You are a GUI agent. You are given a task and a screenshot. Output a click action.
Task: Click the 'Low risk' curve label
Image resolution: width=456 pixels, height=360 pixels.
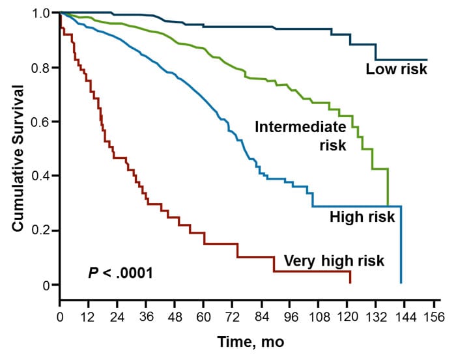coord(396,69)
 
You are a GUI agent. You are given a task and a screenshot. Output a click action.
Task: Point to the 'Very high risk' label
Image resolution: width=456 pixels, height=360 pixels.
coord(334,261)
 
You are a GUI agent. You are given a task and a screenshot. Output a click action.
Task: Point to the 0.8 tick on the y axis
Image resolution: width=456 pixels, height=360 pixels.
coord(43,68)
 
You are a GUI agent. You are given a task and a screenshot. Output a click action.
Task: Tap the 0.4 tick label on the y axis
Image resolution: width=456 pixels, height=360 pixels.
coord(43,176)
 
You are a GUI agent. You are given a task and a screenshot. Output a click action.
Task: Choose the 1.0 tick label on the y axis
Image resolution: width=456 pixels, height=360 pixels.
coord(43,13)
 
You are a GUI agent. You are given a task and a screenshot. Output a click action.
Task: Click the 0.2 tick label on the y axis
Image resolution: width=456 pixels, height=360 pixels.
coord(43,230)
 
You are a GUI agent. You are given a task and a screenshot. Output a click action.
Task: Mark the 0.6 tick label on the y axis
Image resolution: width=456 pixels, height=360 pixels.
coord(43,122)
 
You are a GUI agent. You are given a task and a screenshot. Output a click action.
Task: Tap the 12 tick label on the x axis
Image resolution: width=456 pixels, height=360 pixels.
coord(89,318)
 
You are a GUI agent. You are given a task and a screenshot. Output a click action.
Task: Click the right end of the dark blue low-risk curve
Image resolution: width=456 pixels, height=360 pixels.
coord(427,59)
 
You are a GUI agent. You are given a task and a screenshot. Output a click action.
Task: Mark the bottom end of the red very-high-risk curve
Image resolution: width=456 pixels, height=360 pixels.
coord(350,283)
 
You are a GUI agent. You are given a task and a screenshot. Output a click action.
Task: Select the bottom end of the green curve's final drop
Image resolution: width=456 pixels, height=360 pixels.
coord(388,206)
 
